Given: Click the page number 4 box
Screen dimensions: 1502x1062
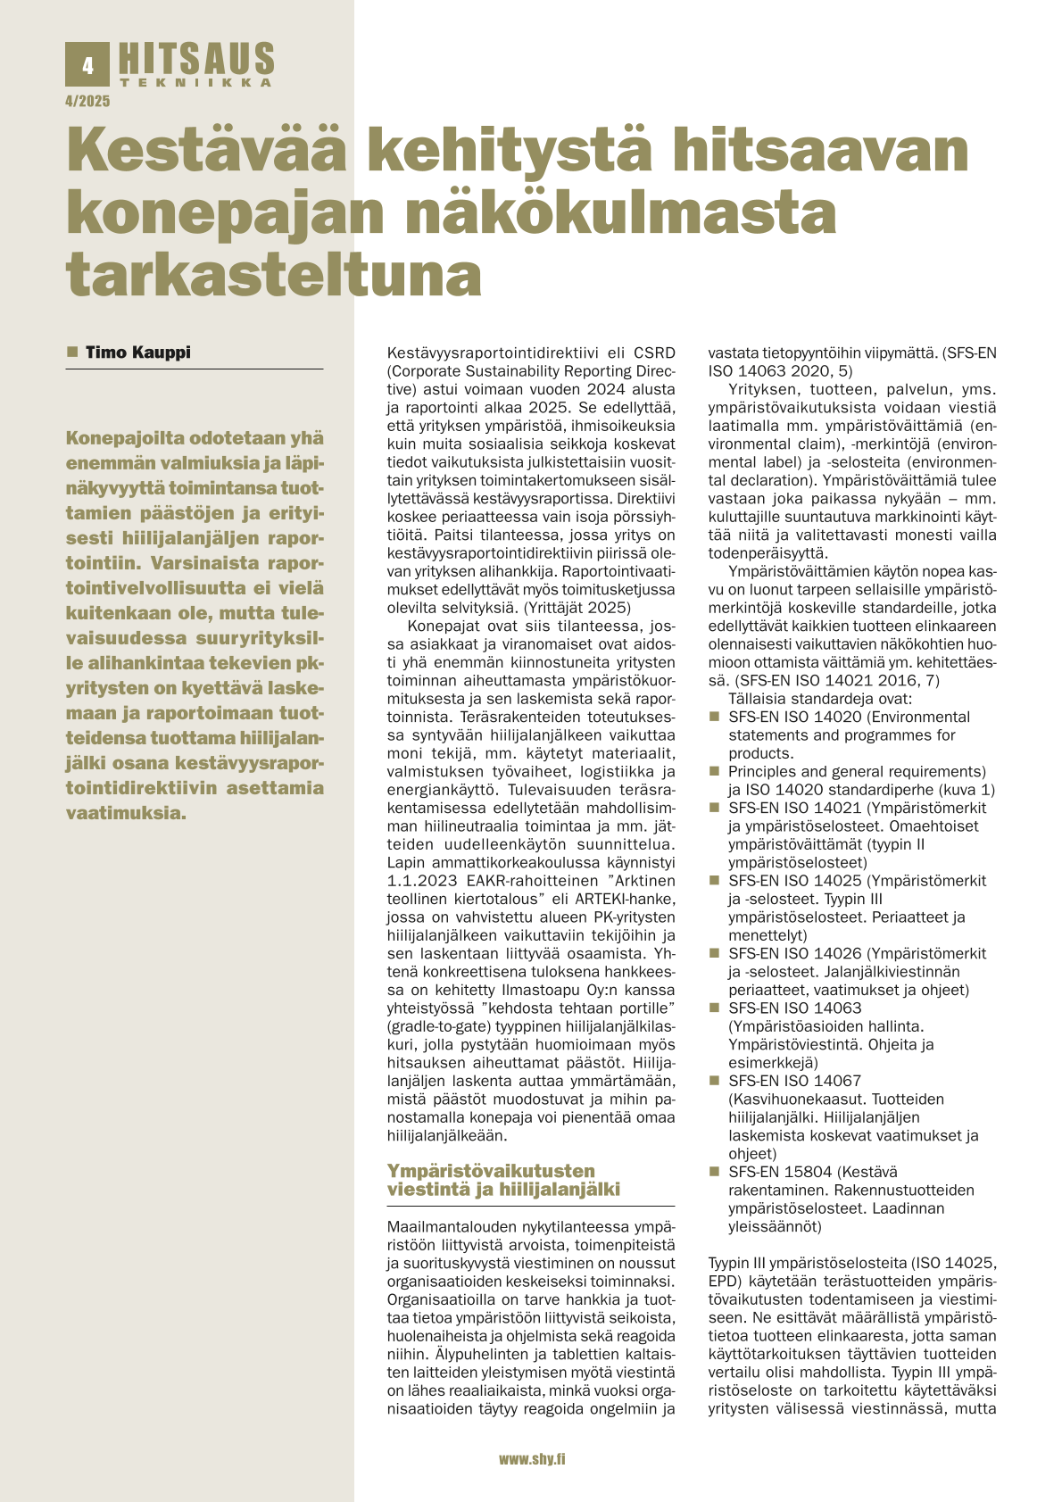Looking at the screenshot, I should point(87,65).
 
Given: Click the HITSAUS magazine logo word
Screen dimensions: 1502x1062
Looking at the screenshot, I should point(195,60).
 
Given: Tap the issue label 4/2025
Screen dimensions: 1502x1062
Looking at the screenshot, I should point(87,102).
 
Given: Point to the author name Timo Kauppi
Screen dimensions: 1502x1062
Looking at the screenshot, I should point(137,353).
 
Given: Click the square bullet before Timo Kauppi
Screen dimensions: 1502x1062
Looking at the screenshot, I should point(73,353).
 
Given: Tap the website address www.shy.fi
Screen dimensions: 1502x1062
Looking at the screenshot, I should point(531,1458).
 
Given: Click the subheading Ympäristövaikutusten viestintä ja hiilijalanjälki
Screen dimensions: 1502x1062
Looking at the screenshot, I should point(503,1179).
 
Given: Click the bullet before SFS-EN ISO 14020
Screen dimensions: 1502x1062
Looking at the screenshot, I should point(714,717).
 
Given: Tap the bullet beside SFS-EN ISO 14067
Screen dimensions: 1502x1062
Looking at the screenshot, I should point(714,1081).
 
